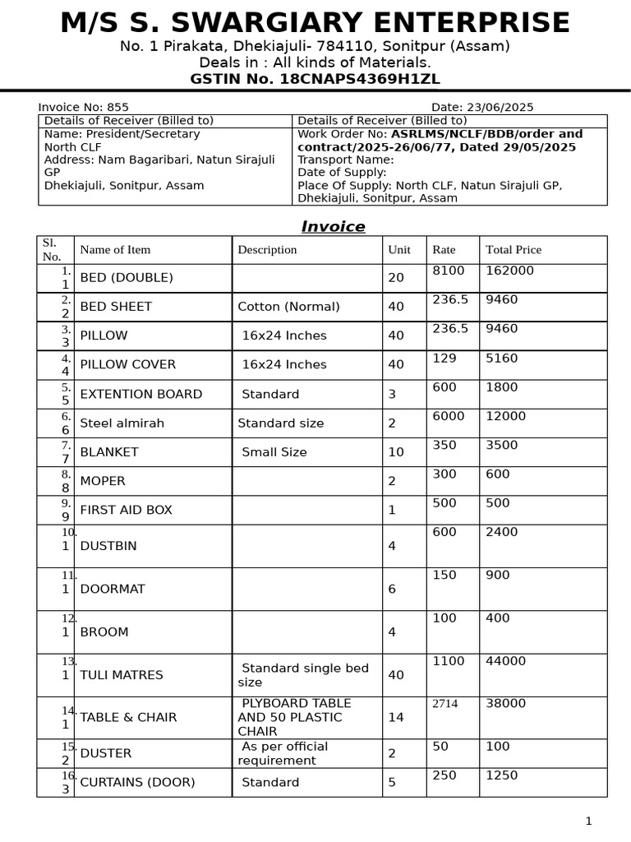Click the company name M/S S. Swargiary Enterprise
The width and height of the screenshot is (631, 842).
click(x=315, y=23)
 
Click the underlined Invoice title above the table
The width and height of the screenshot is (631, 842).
click(x=333, y=227)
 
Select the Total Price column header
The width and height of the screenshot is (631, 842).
click(x=514, y=250)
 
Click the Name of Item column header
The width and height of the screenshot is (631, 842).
click(x=115, y=250)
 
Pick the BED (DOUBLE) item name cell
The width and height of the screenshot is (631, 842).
click(x=127, y=278)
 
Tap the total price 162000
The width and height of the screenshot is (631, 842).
click(x=509, y=271)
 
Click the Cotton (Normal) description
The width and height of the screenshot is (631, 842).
click(x=288, y=307)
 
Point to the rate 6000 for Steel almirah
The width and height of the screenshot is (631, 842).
click(x=449, y=416)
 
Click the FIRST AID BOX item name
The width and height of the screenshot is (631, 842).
click(x=126, y=510)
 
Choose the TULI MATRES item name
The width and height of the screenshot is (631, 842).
click(x=122, y=675)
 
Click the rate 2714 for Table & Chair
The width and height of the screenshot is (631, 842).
click(x=445, y=704)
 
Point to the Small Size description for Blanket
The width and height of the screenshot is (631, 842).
click(x=274, y=452)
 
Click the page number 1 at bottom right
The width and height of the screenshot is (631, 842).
click(x=588, y=821)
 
